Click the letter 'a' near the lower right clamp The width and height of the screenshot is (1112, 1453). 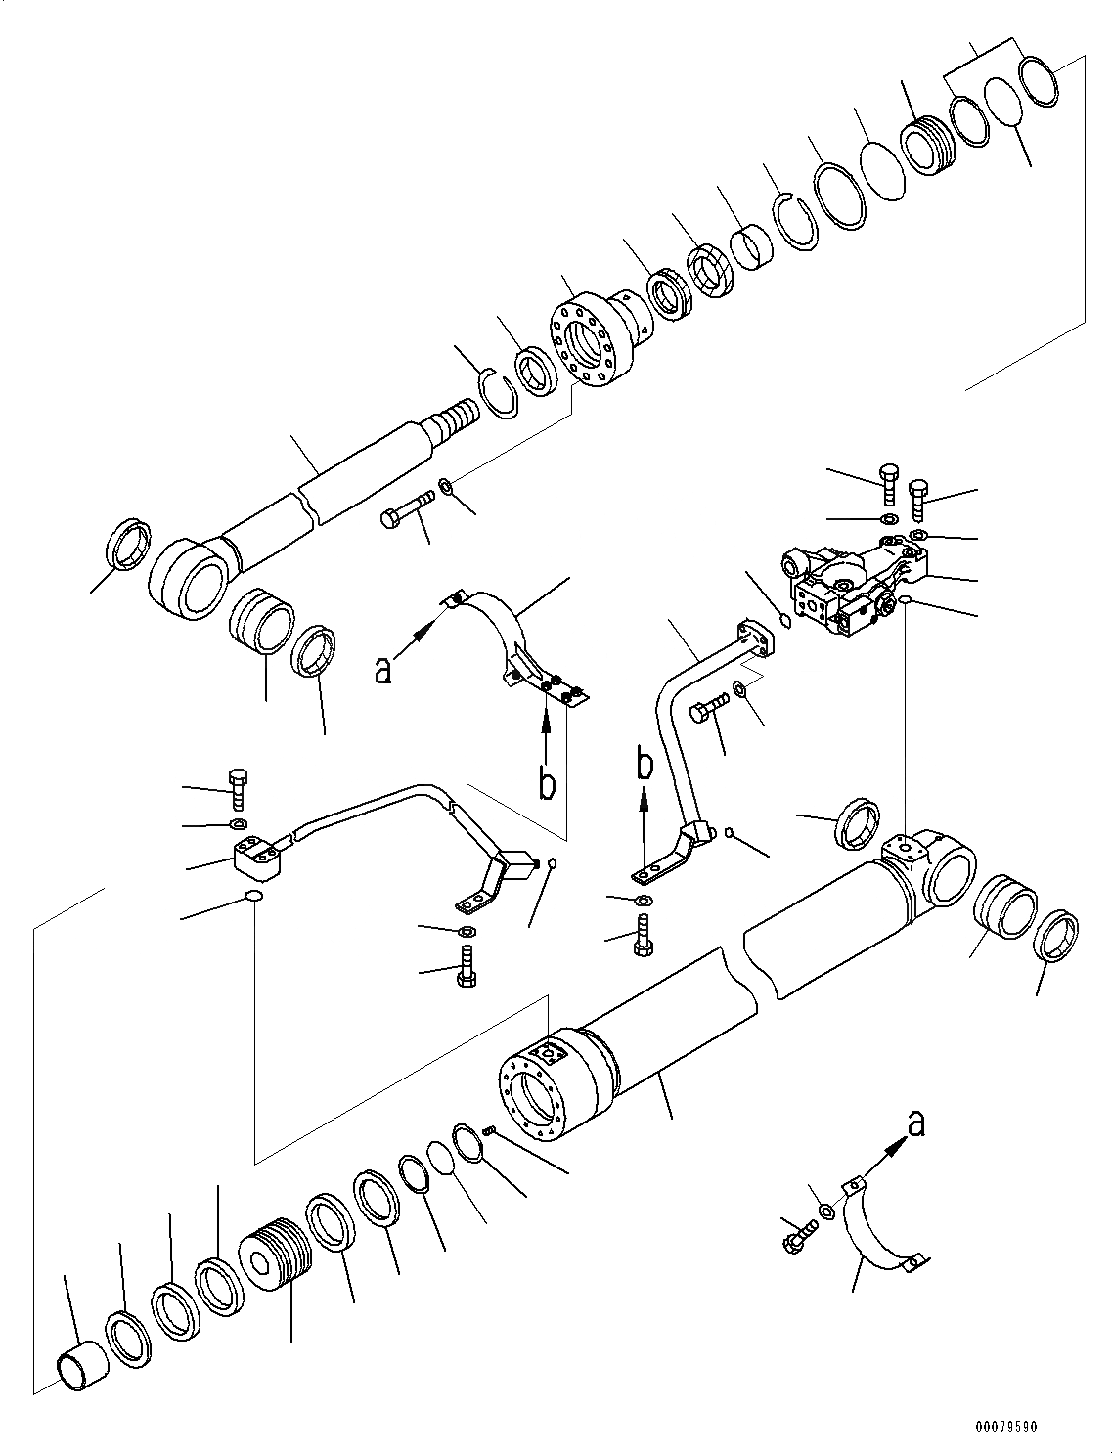point(915,1125)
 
